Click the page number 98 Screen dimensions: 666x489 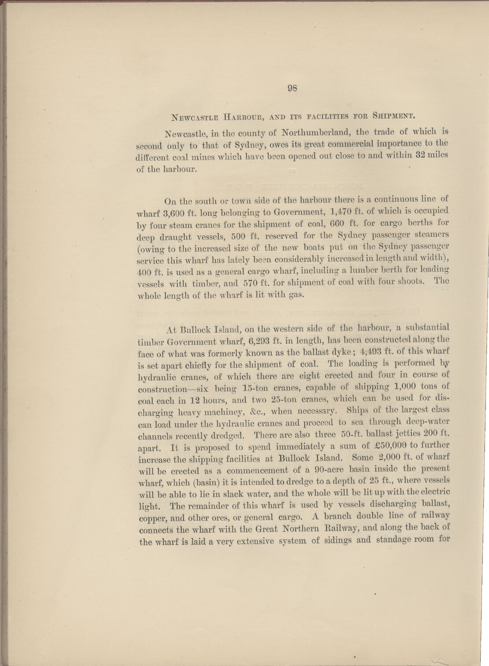pos(292,88)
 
